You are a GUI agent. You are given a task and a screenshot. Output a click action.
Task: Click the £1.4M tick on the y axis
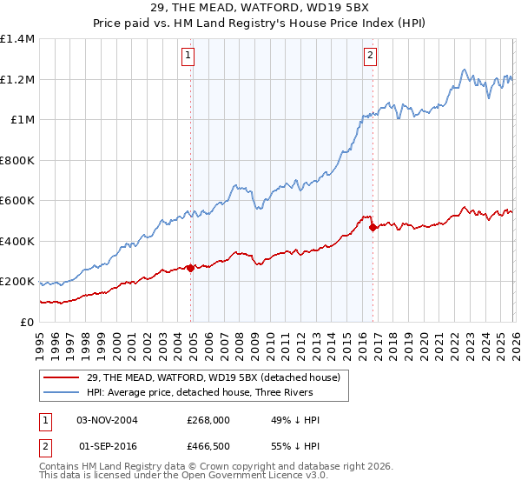tap(17, 39)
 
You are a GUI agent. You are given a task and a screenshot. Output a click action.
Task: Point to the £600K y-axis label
tap(17, 201)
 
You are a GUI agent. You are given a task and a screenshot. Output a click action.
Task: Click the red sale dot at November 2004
tap(190, 269)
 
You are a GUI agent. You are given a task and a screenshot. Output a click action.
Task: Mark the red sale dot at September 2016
tap(373, 228)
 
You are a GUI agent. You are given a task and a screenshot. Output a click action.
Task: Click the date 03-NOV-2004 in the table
tap(108, 420)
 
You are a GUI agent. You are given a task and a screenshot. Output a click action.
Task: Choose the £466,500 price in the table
tap(208, 445)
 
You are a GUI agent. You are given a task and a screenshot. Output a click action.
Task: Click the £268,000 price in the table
tap(208, 420)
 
